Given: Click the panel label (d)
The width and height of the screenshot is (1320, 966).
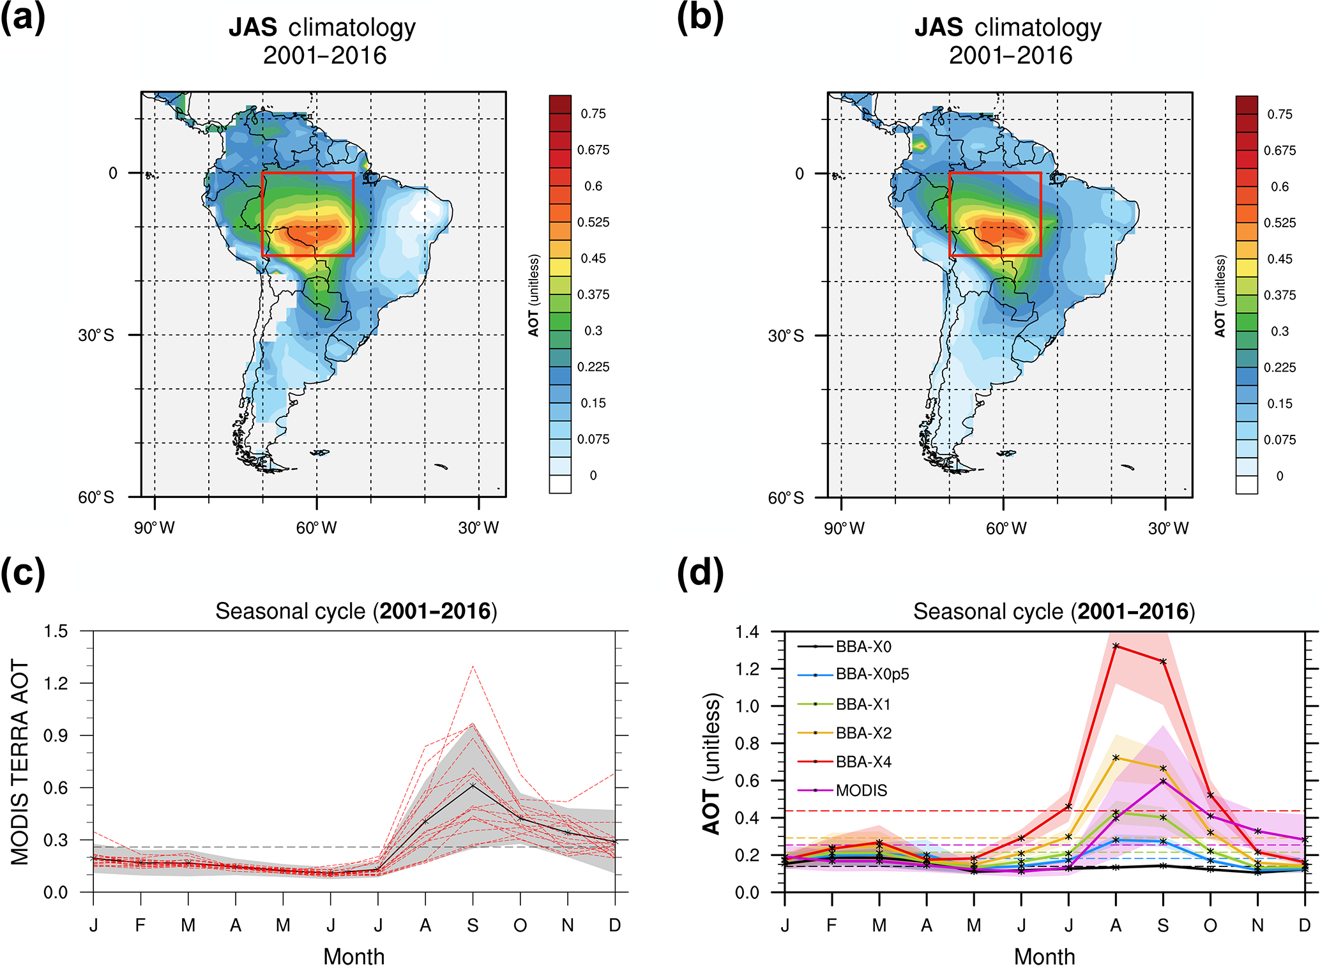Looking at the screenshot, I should coord(700,573).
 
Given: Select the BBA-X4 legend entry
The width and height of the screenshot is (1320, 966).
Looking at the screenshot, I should coord(863,762).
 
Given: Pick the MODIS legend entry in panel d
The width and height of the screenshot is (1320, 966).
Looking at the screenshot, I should coord(861,790).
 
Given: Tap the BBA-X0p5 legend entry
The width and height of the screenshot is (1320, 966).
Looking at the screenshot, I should coord(872,674).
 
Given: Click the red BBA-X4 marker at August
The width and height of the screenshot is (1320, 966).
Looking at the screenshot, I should coord(1116,646).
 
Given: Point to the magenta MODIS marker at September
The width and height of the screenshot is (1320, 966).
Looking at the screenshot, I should coord(1163,781).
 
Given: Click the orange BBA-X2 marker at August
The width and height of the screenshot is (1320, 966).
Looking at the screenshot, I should coord(1116,758).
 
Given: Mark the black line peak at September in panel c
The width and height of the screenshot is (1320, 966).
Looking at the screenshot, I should coord(473,785).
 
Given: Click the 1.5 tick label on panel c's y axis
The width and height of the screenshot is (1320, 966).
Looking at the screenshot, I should coord(56,631).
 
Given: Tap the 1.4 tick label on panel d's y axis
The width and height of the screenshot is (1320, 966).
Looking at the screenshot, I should coord(747,632).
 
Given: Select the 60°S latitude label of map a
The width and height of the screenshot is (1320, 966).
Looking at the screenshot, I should coord(96,497).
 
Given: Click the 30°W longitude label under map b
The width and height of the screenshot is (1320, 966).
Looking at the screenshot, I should coord(1168,529).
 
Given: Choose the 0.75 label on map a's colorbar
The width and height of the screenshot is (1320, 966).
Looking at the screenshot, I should coord(593,114).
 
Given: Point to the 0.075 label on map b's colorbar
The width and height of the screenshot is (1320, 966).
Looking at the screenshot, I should coord(1280,440).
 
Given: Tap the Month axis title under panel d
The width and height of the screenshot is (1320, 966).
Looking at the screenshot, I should coord(1044,956).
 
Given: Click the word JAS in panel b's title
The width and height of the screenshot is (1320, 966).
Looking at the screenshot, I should coord(939,27).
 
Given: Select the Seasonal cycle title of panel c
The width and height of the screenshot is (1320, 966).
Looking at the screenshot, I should coord(356,611).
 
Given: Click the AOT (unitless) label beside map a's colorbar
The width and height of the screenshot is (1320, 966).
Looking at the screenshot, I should coord(534,296).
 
